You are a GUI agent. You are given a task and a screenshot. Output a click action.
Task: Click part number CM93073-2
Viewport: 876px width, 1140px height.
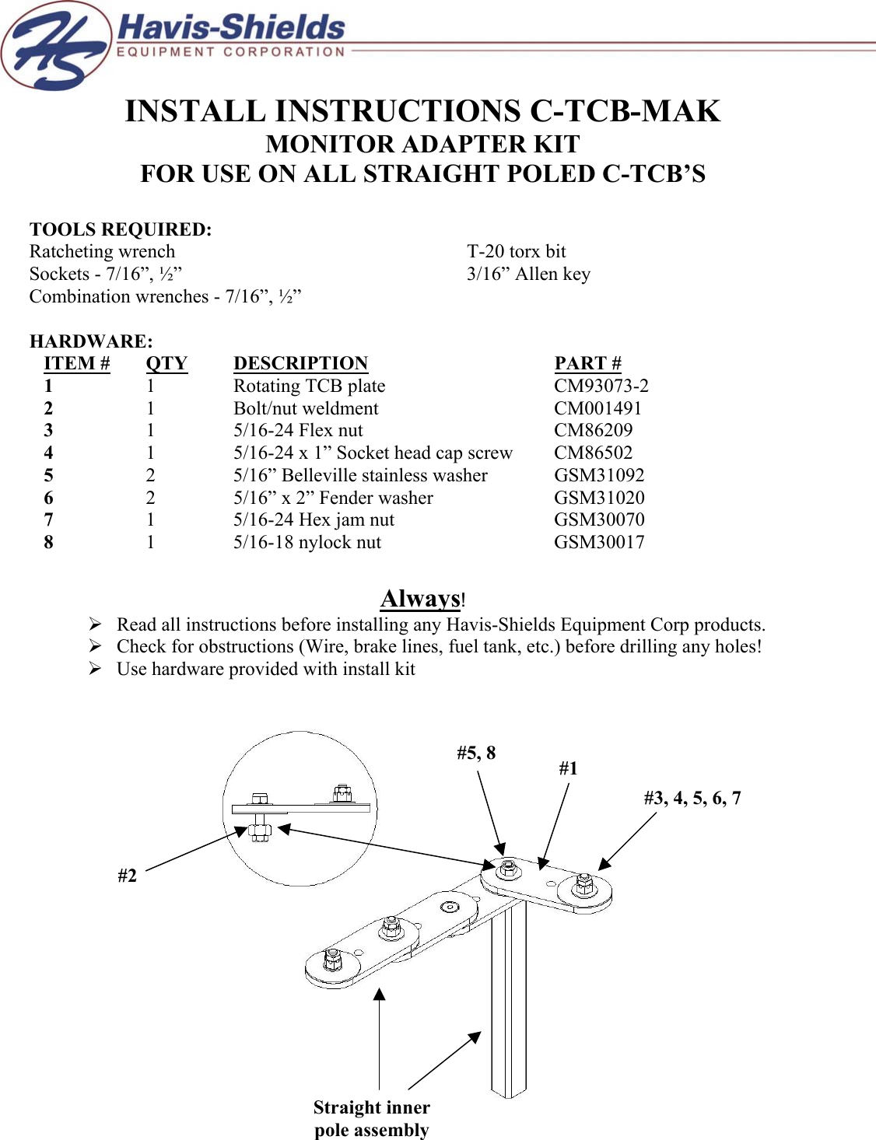[601, 386]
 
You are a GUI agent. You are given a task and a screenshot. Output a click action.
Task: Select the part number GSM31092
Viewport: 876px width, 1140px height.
[599, 476]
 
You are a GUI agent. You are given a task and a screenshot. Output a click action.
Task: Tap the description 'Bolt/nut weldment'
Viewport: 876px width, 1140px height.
[306, 409]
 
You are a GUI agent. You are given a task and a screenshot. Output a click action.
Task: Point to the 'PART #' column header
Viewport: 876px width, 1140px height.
[587, 364]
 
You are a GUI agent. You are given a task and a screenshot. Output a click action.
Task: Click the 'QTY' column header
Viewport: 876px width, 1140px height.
[166, 364]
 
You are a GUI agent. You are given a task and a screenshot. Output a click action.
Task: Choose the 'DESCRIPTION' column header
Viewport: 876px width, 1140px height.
[300, 364]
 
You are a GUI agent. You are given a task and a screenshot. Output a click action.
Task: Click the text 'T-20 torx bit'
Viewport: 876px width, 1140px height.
[516, 252]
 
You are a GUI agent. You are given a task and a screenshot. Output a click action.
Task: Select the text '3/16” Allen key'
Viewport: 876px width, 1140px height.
[528, 275]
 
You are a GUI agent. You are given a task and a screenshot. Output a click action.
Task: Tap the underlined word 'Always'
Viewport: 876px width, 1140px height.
[420, 599]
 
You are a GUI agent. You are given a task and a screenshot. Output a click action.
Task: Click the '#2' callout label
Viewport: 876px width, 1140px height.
[127, 876]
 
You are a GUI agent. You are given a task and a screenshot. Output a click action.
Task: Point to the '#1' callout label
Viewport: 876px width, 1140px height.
[568, 769]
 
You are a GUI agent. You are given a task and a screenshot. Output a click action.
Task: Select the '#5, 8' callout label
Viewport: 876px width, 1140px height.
[475, 754]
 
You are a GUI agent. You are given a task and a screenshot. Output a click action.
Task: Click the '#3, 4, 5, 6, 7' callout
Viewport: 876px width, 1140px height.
[692, 799]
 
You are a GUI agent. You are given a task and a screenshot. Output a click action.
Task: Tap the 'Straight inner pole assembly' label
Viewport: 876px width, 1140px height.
[371, 1118]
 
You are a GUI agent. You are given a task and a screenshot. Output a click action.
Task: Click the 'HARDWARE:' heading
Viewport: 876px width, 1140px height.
[91, 341]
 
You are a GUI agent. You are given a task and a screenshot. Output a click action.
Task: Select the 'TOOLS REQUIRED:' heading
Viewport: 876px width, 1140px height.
[121, 230]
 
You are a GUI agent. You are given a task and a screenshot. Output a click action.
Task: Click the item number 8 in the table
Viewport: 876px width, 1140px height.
[48, 543]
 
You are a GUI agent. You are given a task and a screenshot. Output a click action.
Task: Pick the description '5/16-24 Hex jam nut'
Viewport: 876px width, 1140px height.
[314, 520]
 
